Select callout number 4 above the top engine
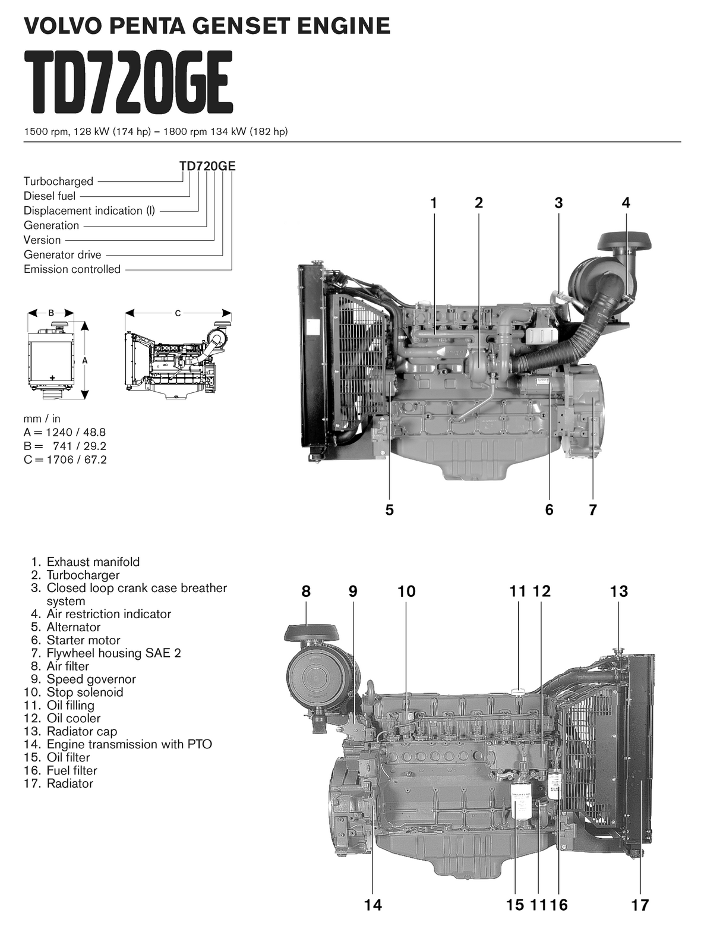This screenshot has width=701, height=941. [626, 203]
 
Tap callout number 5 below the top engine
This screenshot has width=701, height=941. [390, 509]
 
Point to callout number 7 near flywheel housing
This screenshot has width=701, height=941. [592, 509]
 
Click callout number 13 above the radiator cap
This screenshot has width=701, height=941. [618, 591]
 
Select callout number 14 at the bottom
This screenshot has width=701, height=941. [373, 905]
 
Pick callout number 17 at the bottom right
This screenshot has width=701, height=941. [640, 905]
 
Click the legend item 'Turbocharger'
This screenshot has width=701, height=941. [83, 575]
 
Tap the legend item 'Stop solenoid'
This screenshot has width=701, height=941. [84, 692]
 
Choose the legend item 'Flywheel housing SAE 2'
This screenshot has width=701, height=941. [113, 653]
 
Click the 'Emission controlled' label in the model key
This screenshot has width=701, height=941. [72, 269]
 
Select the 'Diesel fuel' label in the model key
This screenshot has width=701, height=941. [49, 196]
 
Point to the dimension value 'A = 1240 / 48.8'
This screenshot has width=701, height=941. [65, 432]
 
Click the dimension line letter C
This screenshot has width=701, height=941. [178, 313]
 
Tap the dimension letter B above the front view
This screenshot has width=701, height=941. [51, 313]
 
